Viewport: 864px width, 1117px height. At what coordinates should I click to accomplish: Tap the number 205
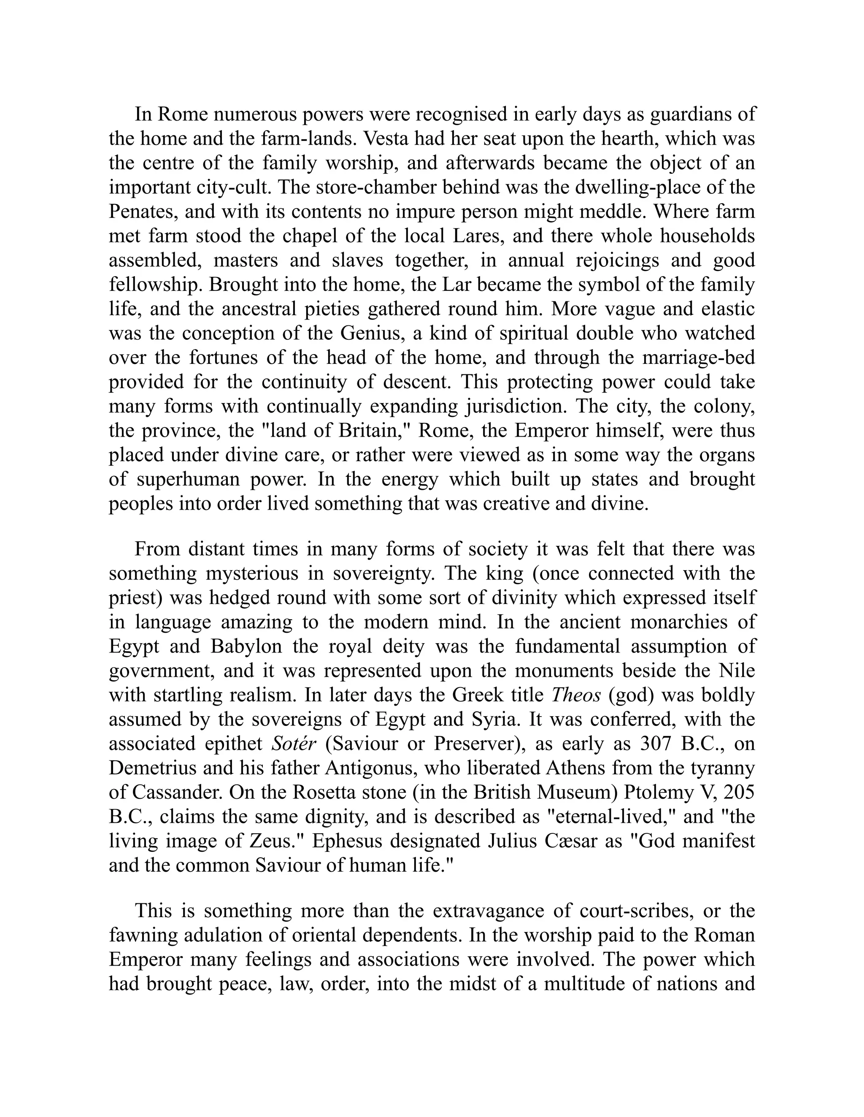pos(738,792)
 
